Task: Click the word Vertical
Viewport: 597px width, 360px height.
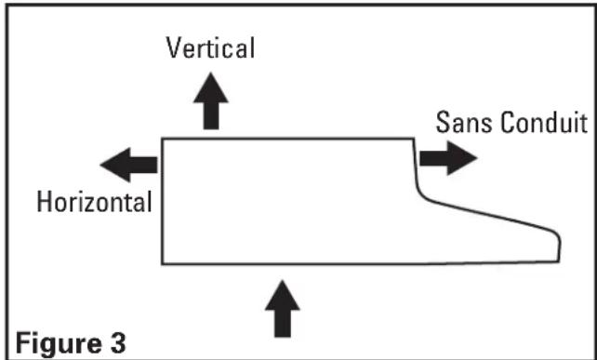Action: (210, 48)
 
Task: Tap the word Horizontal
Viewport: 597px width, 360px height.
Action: (95, 202)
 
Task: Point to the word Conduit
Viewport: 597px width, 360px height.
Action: (544, 123)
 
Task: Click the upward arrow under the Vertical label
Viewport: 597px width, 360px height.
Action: (211, 101)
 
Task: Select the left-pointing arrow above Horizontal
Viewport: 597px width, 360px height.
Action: (128, 165)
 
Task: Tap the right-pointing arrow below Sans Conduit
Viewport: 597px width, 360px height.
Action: (448, 158)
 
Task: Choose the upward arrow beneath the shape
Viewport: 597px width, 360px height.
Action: (283, 309)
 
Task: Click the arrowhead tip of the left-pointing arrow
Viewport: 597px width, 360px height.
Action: (100, 165)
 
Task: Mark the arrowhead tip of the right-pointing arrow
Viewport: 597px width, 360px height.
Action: (477, 158)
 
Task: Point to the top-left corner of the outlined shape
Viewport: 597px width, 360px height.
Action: (163, 139)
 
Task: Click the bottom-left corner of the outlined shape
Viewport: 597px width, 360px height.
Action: (163, 263)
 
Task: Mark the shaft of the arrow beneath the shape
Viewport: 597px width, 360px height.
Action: (283, 323)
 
